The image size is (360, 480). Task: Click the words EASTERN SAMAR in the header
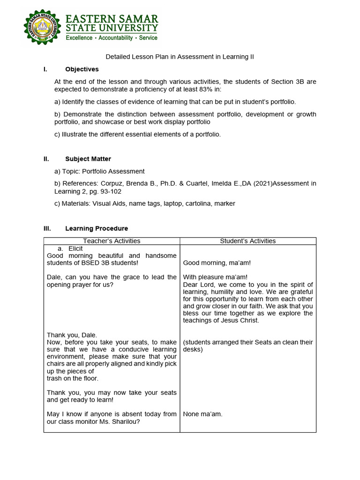click(112, 19)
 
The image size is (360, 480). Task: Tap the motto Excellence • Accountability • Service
click(112, 37)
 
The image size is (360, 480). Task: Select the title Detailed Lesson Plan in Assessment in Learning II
click(180, 57)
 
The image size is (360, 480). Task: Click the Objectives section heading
click(82, 69)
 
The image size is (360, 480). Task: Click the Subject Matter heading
click(88, 159)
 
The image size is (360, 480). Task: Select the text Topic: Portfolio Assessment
click(104, 172)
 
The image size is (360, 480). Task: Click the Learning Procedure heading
click(97, 228)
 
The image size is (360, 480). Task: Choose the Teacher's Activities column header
click(112, 241)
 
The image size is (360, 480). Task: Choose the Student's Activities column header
click(248, 241)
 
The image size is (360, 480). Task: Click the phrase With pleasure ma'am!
click(215, 277)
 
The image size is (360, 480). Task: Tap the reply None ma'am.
click(202, 414)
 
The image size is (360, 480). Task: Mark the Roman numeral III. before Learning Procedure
click(46, 228)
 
